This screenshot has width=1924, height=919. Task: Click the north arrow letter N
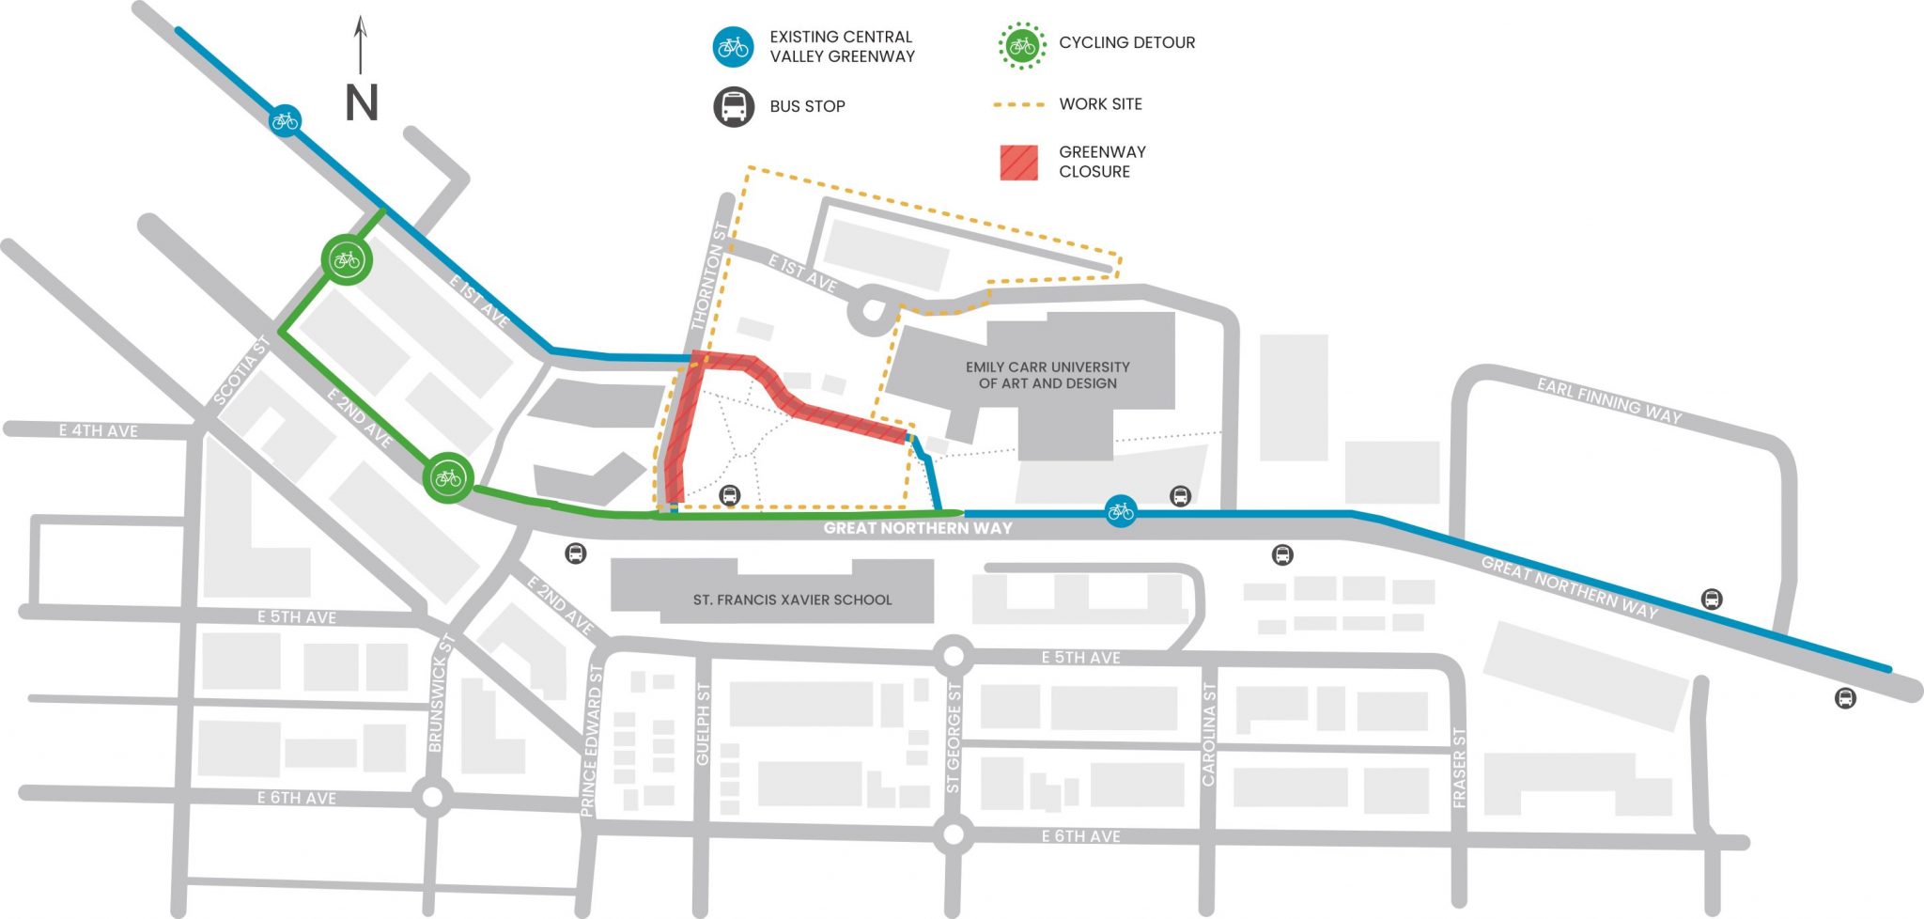(362, 103)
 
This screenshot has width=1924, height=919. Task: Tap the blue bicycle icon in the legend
(733, 46)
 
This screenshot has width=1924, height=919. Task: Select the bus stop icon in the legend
(733, 107)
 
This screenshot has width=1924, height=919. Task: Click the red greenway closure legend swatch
(1018, 163)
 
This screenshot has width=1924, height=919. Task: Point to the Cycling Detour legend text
(1126, 42)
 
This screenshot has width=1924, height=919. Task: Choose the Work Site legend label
(1100, 104)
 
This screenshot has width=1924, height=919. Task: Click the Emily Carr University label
(1047, 375)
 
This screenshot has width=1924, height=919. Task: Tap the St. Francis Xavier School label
(792, 600)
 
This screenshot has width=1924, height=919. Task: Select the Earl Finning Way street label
(1608, 401)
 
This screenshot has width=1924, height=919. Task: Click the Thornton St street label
(709, 275)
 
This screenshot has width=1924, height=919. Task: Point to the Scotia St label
(241, 371)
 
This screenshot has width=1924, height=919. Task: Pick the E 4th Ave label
(98, 430)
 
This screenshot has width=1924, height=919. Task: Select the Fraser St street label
(1459, 768)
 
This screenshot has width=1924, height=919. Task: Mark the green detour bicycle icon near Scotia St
(347, 259)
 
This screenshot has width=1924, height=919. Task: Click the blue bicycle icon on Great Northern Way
(1120, 511)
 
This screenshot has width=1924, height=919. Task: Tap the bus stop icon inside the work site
(729, 495)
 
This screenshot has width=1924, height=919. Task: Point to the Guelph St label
(702, 724)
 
